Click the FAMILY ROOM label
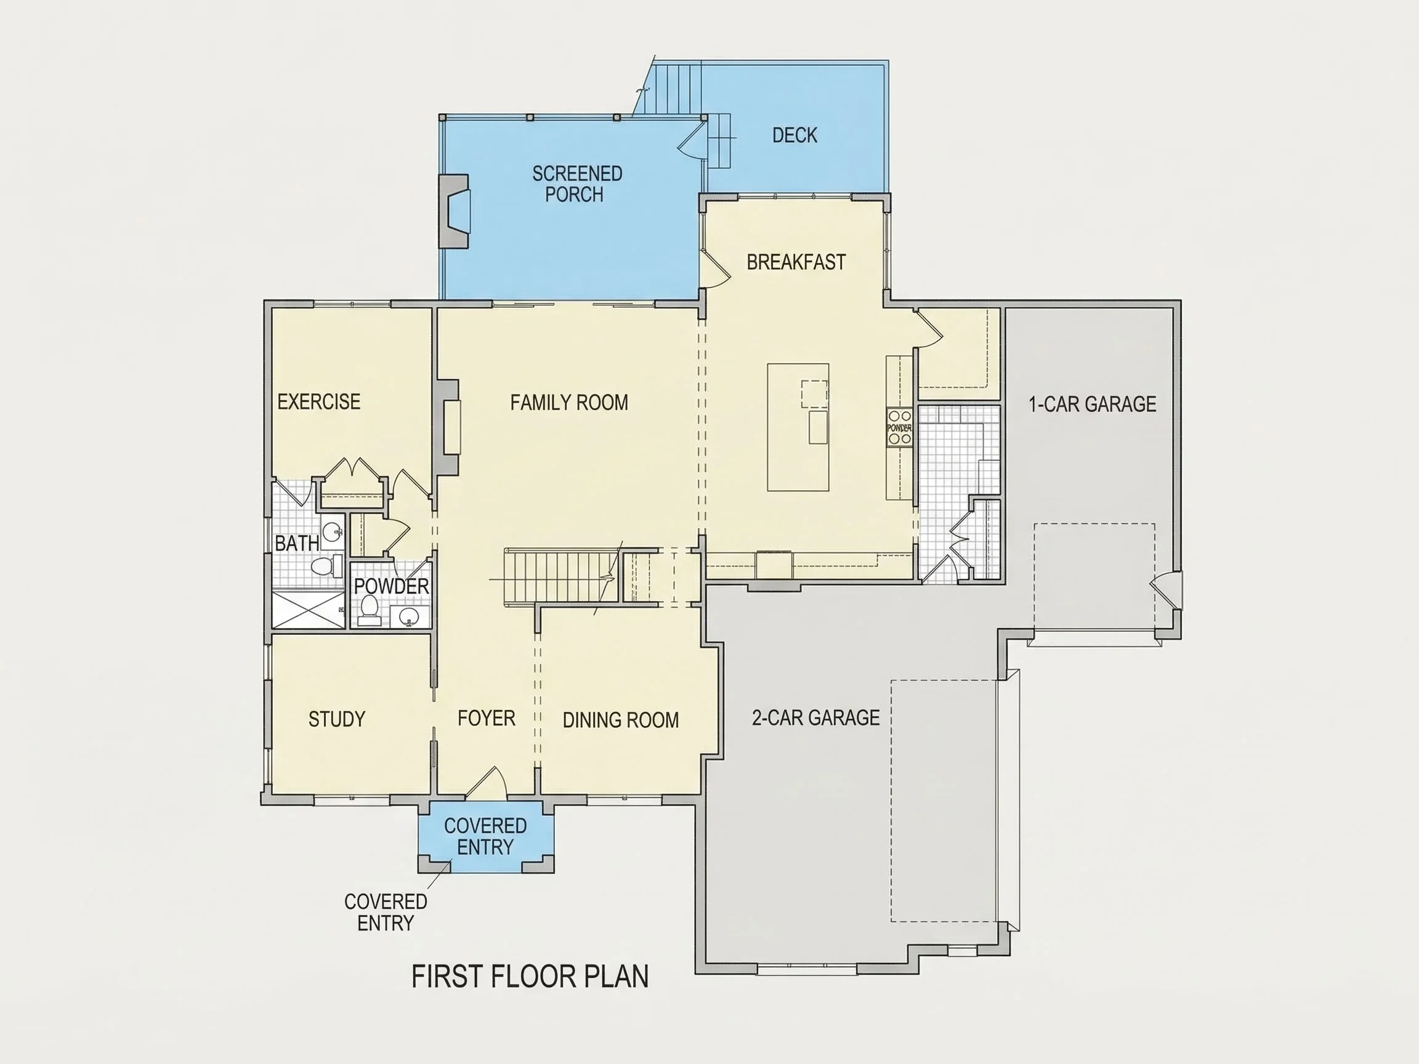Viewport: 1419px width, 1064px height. coord(569,402)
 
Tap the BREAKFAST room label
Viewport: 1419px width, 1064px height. coord(796,262)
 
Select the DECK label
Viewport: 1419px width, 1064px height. coord(795,135)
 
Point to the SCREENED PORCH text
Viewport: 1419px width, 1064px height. coord(576,184)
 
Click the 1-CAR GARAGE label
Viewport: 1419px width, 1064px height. coord(1093,404)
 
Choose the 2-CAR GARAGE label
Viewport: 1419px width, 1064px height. coord(815,718)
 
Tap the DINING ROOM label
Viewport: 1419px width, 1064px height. coord(620,720)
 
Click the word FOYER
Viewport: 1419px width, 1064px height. coord(487,719)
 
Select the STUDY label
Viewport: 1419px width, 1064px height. coord(337,719)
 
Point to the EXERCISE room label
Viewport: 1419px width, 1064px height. coord(319,401)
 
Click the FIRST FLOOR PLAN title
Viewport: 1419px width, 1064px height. coord(530,977)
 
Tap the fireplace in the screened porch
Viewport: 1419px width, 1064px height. coord(454,211)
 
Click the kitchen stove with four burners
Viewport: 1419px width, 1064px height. coord(899,427)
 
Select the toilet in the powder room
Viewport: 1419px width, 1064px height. coord(369,611)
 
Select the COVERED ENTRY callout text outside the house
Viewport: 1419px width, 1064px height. coord(386,912)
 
